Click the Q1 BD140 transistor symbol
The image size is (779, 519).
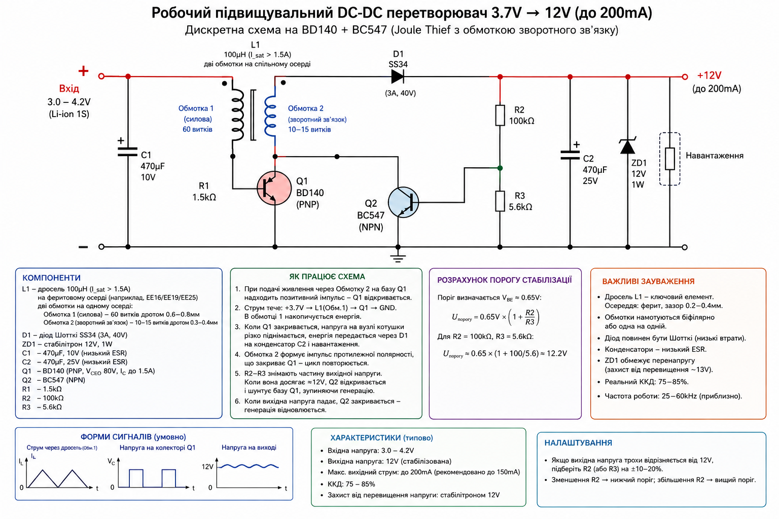pos(274,188)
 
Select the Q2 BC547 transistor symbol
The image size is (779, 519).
pos(403,202)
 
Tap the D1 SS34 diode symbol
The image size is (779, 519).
pos(398,77)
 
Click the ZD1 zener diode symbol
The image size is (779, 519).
pos(627,146)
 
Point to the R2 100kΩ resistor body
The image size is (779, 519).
pos(500,115)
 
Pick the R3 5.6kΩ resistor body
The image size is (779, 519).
pos(500,201)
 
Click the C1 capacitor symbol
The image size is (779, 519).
pos(127,152)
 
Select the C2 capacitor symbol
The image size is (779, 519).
pos(570,155)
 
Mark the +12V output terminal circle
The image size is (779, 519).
pos(685,77)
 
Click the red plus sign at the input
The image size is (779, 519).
pos(83,71)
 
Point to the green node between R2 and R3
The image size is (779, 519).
pos(500,168)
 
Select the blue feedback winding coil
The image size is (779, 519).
pos(270,117)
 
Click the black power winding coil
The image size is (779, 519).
pos(237,115)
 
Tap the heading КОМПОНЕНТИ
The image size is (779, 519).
pos(51,278)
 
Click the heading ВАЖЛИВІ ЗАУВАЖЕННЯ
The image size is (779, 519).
pos(648,281)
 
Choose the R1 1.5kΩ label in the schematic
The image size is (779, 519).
pos(204,192)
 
